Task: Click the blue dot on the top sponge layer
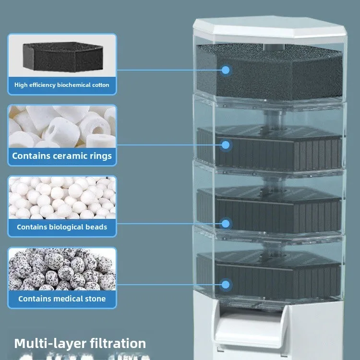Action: point(226,70)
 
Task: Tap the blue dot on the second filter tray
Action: point(226,144)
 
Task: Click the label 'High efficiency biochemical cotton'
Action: point(62,85)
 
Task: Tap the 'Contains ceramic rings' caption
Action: point(62,156)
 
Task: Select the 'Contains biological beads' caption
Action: point(62,227)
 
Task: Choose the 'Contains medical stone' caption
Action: point(62,299)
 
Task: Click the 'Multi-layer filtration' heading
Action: point(80,343)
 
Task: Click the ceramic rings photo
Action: point(62,126)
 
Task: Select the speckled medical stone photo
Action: point(62,270)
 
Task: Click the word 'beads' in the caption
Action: point(96,227)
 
